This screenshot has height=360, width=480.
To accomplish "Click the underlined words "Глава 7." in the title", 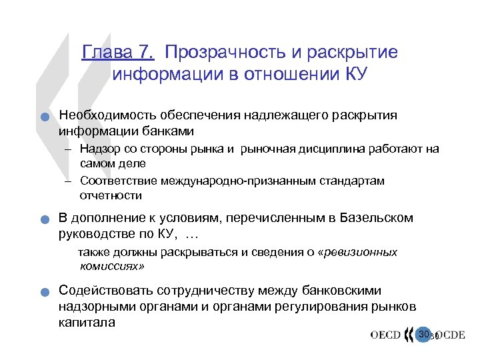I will [x=118, y=53].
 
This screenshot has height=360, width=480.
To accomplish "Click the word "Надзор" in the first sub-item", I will [x=97, y=149].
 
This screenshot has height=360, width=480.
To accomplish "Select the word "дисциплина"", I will [x=333, y=149].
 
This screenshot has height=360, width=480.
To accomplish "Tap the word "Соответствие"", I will [x=118, y=181].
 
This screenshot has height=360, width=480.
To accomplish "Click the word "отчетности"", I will [x=111, y=195].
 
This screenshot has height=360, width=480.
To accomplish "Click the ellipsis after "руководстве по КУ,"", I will [x=191, y=234].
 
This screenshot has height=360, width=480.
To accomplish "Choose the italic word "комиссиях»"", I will [x=111, y=266].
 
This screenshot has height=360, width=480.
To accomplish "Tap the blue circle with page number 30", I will [x=423, y=334].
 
